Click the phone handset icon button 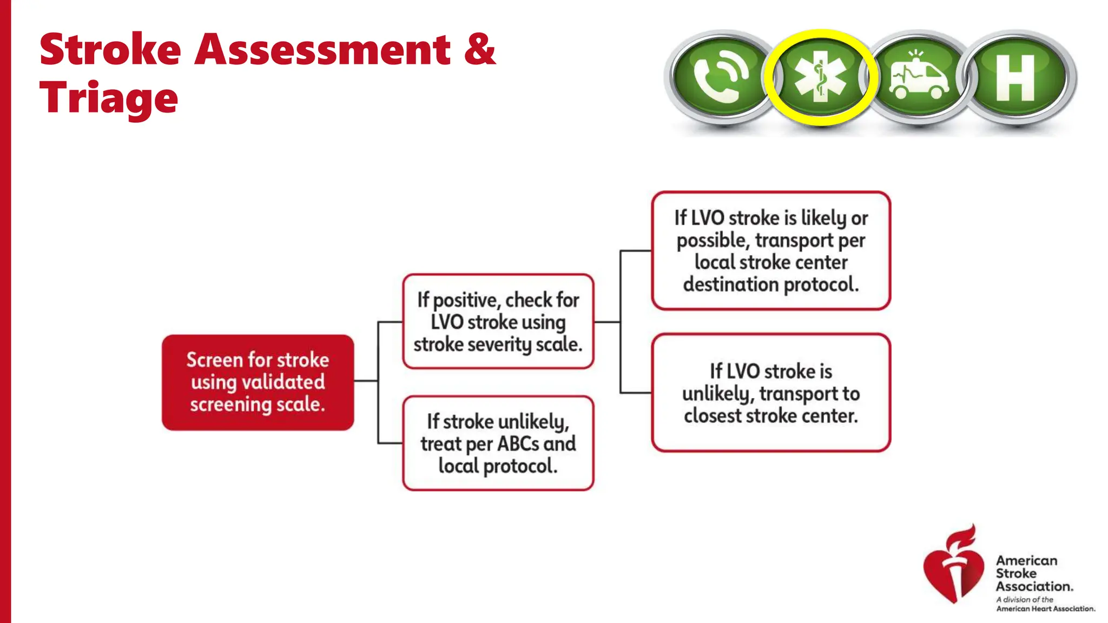tap(721, 77)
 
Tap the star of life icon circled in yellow tap(820, 77)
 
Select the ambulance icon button tap(919, 77)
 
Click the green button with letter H tap(1015, 77)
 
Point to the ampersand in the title tap(479, 50)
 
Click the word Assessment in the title tap(322, 50)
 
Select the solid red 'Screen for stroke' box tap(258, 382)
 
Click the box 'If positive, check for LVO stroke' tap(498, 322)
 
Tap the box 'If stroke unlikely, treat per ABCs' tap(498, 443)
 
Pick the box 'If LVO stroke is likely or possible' tap(770, 251)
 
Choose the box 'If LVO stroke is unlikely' tap(770, 393)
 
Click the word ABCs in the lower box tap(518, 444)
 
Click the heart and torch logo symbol tap(953, 566)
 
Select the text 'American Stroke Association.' tap(1033, 574)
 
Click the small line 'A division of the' tap(1025, 599)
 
